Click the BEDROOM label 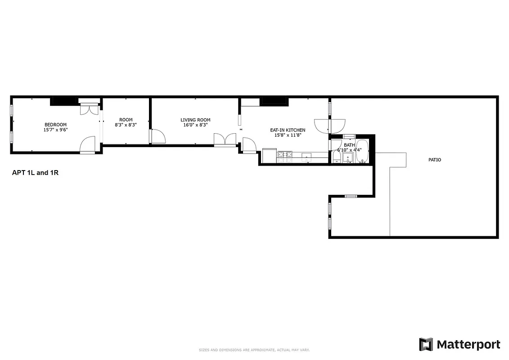point(55,125)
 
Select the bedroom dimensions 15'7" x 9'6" point(55,130)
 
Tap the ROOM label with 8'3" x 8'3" point(126,120)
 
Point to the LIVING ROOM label point(195,120)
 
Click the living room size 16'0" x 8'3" point(195,125)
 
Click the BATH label point(349,145)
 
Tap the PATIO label point(434,160)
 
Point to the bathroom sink point(348,158)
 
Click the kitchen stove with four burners point(284,156)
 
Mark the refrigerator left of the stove point(269,156)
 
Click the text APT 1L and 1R point(35,172)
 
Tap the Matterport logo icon point(425,345)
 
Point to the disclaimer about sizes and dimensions point(254,350)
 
